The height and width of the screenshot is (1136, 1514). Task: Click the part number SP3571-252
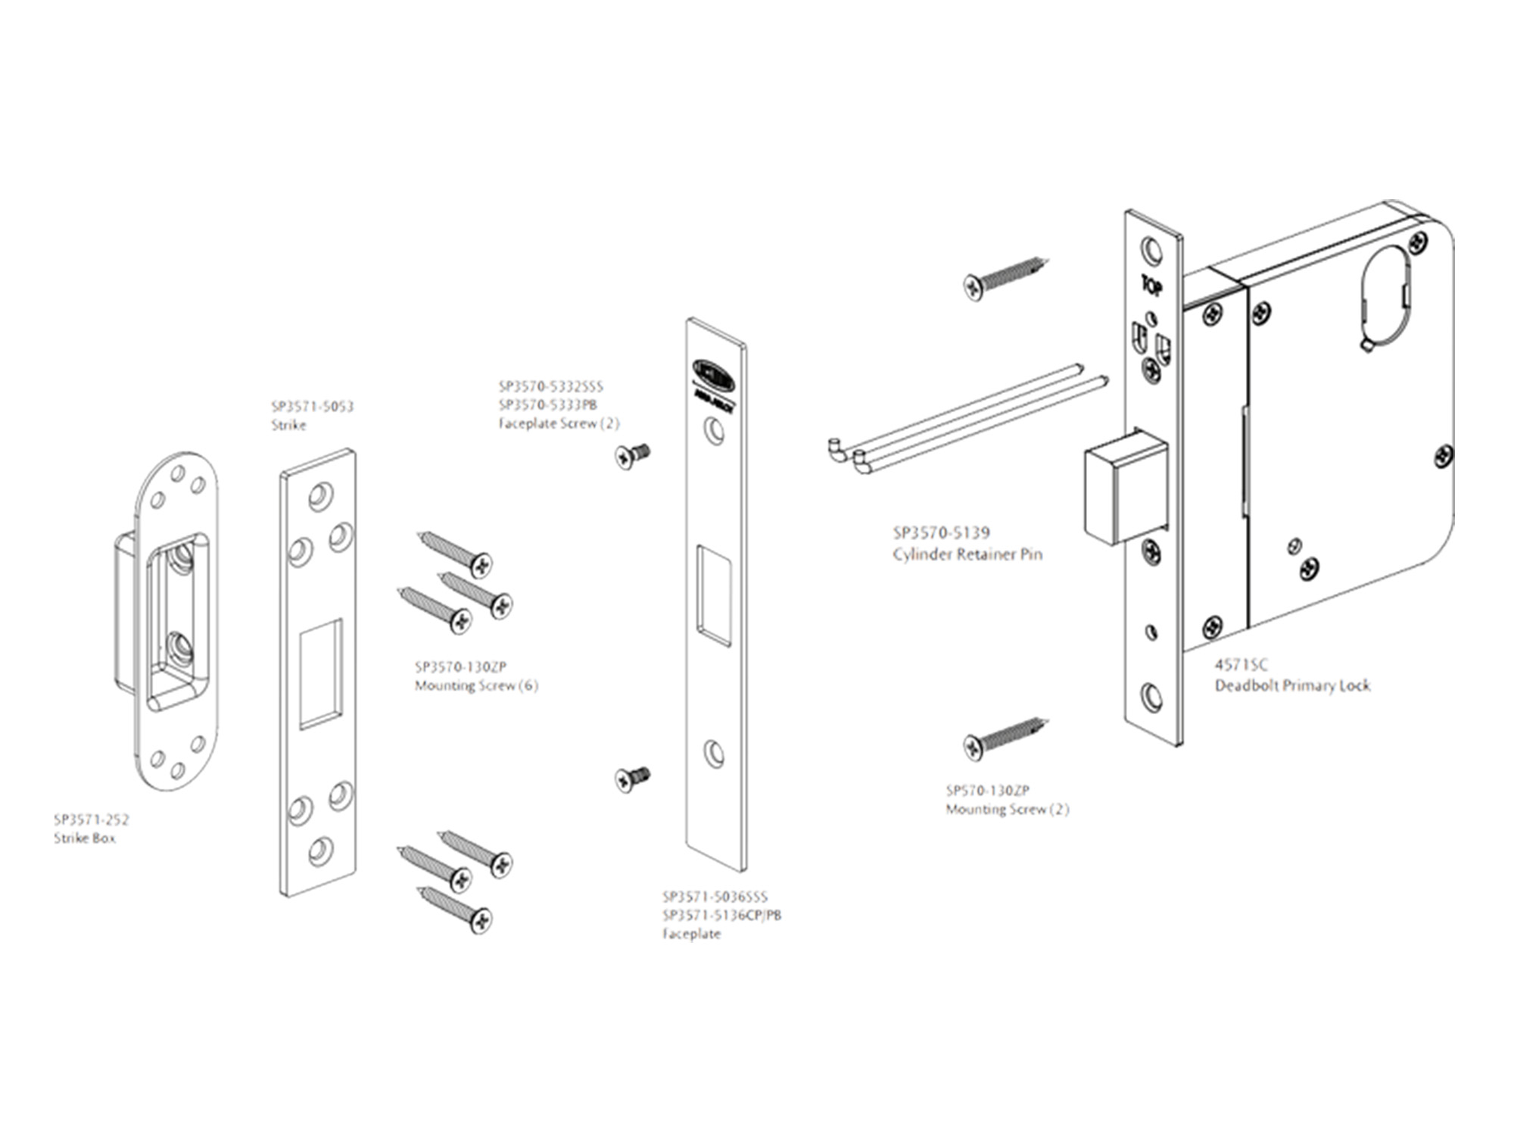(x=92, y=819)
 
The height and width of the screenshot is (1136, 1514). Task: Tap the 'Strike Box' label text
(x=85, y=838)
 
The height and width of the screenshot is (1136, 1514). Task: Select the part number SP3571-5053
(x=312, y=407)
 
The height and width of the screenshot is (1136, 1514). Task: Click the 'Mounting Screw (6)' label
(x=476, y=686)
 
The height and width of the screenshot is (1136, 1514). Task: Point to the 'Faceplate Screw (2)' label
(x=559, y=423)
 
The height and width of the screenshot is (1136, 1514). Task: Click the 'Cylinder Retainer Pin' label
(x=967, y=554)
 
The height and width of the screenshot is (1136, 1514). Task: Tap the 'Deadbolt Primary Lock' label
(x=1292, y=685)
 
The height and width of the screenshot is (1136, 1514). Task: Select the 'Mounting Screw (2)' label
(x=1007, y=810)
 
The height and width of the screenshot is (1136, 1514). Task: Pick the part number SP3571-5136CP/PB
(x=721, y=915)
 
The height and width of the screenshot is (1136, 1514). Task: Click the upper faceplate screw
(x=631, y=455)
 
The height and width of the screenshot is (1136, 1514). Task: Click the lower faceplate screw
(x=633, y=778)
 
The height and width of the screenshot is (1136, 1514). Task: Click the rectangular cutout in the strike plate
(x=320, y=674)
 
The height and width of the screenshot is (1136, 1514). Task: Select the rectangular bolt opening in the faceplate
(x=714, y=596)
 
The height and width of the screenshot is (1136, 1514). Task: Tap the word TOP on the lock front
(x=1151, y=286)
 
